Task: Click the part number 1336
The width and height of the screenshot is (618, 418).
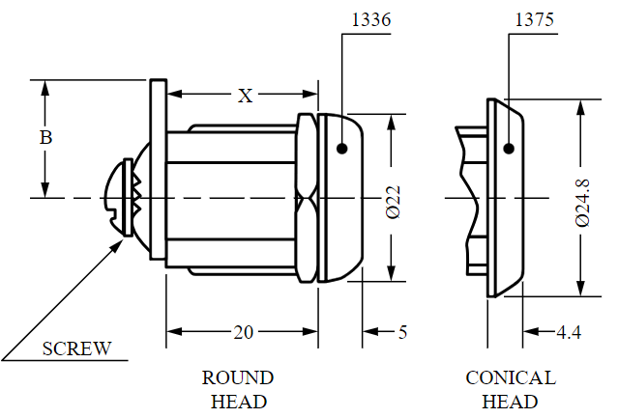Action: pos(370,19)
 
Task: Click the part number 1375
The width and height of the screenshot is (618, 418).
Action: pos(535,19)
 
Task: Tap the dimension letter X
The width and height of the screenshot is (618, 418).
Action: pos(245,96)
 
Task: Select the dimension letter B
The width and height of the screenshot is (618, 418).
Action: pos(45,138)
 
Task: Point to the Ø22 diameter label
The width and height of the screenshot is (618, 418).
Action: pos(393,202)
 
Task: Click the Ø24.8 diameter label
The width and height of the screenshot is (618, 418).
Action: pos(582,203)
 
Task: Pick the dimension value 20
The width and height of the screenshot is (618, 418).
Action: pos(243,333)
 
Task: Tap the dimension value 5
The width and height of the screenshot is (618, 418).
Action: pos(402,333)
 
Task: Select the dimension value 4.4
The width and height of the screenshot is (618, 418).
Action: pos(569,333)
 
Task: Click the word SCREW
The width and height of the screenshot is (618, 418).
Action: pos(76,348)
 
